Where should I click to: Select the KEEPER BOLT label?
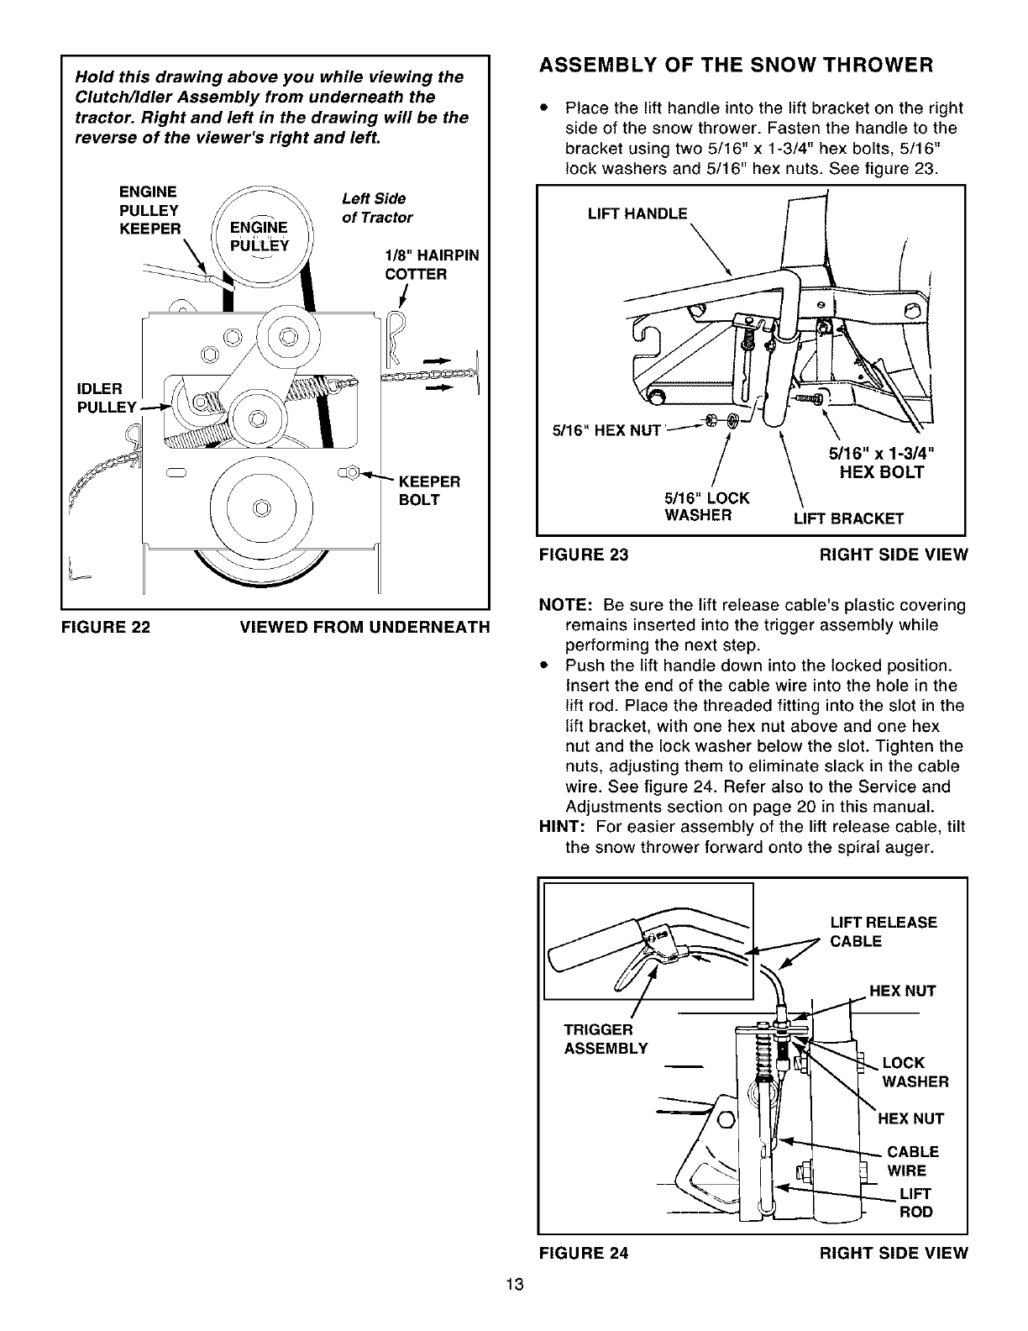(x=429, y=491)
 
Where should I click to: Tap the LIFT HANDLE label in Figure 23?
(x=637, y=213)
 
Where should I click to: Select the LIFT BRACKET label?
(x=848, y=518)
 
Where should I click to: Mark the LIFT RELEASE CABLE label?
(x=883, y=932)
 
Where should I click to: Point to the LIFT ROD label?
(x=915, y=1202)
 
